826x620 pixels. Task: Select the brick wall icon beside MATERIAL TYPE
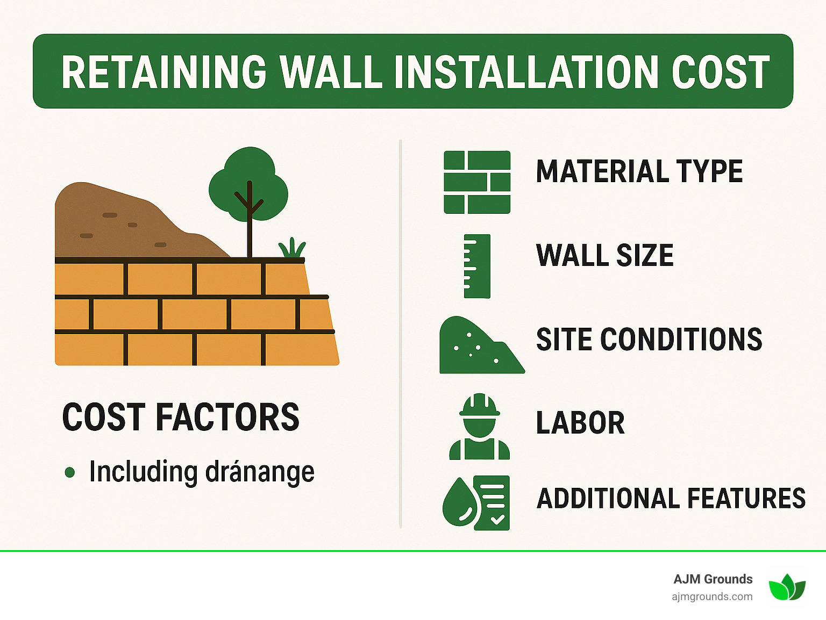point(477,182)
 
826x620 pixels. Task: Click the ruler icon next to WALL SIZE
point(477,266)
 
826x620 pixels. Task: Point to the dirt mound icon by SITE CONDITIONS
point(479,347)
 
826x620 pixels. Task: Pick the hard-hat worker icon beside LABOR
point(479,427)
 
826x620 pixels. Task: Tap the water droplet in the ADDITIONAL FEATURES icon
point(460,503)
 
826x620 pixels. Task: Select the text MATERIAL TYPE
point(639,172)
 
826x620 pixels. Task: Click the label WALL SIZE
point(604,256)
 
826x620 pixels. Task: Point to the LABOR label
point(580,423)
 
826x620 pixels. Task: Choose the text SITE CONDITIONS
point(649,340)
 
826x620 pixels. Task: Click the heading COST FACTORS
point(181,417)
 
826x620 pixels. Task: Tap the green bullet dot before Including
point(69,472)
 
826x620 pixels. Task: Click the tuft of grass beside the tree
point(291,248)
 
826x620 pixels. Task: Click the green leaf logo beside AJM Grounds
point(787,587)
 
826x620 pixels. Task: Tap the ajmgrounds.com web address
point(712,596)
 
